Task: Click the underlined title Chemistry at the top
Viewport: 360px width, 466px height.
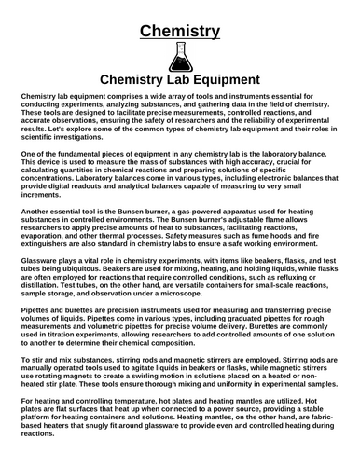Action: click(180, 32)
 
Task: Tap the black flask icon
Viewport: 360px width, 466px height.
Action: click(180, 58)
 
